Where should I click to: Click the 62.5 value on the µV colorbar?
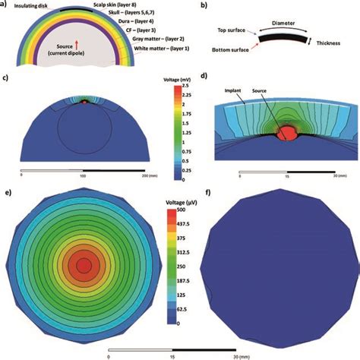(187, 310)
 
